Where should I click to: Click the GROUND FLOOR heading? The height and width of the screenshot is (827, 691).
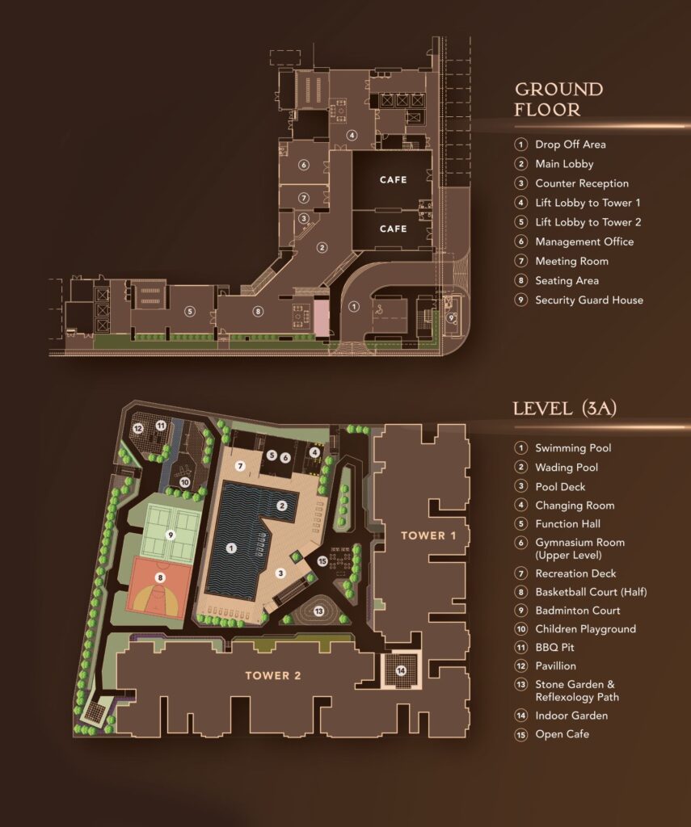click(x=558, y=99)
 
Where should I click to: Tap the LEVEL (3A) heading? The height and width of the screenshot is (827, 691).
click(x=565, y=408)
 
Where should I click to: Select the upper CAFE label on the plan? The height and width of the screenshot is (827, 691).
click(x=393, y=180)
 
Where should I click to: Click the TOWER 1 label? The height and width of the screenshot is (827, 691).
click(x=423, y=535)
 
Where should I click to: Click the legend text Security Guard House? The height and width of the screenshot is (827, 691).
click(x=588, y=300)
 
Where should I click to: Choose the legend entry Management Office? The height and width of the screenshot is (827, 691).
click(x=584, y=241)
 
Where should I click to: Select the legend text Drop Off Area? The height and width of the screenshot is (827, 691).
click(x=570, y=145)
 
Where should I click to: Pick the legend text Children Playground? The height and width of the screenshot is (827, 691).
click(x=585, y=628)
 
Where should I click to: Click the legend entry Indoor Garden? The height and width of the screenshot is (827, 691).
click(x=571, y=716)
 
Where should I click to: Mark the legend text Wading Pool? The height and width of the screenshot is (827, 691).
click(x=567, y=468)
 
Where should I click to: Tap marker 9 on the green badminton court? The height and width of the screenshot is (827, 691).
click(x=170, y=535)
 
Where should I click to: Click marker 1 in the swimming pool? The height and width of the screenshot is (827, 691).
click(x=231, y=548)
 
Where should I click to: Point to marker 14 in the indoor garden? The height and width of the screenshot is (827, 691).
click(x=401, y=670)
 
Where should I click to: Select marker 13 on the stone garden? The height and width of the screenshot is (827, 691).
click(x=318, y=611)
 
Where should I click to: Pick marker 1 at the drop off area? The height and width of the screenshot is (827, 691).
click(x=352, y=307)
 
